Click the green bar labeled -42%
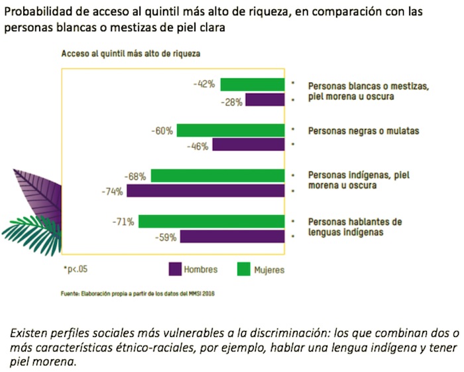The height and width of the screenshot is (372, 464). (253, 84)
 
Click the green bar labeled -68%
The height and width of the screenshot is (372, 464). (218, 176)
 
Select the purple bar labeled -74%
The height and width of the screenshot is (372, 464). (205, 191)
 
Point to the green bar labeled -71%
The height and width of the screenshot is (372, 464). (211, 221)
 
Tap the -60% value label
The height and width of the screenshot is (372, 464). (162, 131)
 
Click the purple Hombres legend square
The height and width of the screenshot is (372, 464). (176, 269)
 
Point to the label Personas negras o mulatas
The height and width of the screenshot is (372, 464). (363, 131)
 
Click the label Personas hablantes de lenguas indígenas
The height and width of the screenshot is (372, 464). (355, 227)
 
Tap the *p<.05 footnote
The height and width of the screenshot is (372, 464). (76, 269)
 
